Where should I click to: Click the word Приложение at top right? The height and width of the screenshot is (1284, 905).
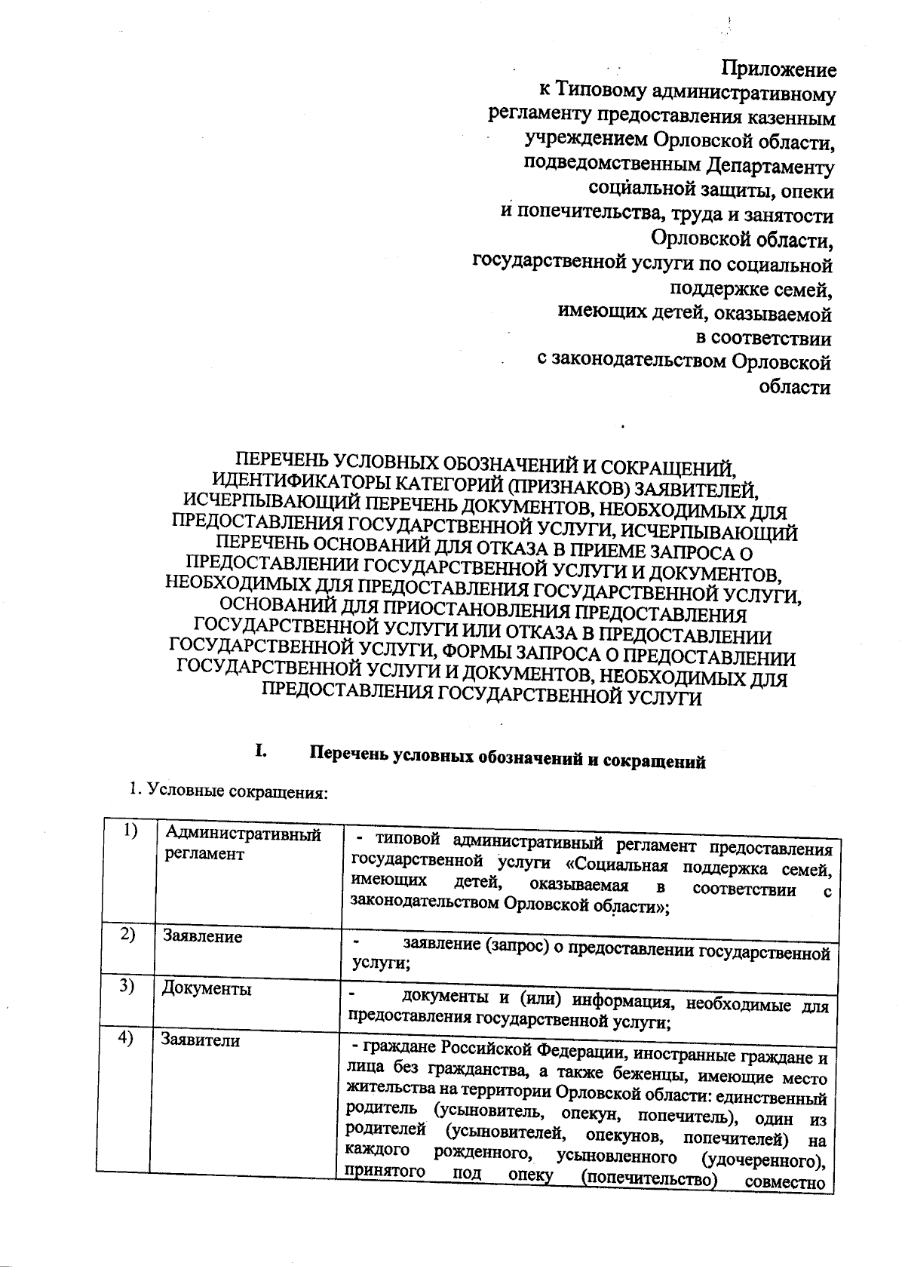pyautogui.click(x=779, y=69)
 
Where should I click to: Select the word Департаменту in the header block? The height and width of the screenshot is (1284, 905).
pyautogui.click(x=771, y=166)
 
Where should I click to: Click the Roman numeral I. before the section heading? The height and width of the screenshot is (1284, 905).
pyautogui.click(x=261, y=751)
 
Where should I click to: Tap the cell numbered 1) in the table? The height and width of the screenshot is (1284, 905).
pyautogui.click(x=130, y=830)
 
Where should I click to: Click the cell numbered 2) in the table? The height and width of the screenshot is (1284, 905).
pyautogui.click(x=127, y=934)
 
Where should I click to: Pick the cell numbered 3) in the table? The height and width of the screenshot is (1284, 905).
pyautogui.click(x=126, y=986)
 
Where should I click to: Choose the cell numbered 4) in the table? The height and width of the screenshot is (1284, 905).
pyautogui.click(x=125, y=1037)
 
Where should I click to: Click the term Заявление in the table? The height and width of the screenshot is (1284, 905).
pyautogui.click(x=203, y=936)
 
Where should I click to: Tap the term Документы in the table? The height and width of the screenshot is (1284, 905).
pyautogui.click(x=206, y=988)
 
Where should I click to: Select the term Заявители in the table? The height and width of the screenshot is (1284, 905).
pyautogui.click(x=200, y=1040)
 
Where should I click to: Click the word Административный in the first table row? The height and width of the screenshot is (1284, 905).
pyautogui.click(x=243, y=834)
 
